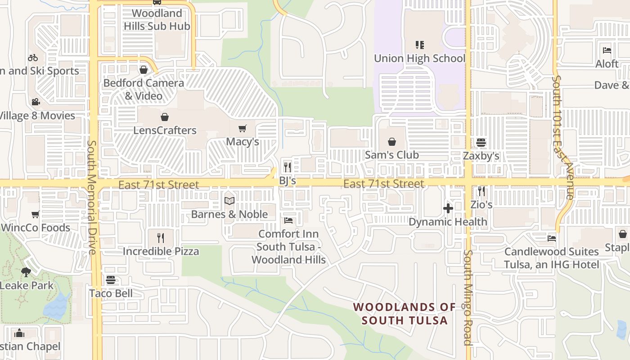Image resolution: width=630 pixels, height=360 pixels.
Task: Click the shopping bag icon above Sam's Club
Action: point(392,142)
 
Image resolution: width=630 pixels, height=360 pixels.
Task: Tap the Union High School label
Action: point(419,58)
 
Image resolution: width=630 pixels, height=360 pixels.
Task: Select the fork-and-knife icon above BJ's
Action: point(288,167)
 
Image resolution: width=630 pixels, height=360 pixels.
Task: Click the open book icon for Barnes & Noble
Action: point(229,201)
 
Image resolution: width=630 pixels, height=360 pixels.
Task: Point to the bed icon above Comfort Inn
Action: point(288,220)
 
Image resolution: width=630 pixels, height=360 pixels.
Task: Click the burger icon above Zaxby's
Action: point(481,143)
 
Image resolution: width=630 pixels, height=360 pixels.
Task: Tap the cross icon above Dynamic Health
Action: point(448,208)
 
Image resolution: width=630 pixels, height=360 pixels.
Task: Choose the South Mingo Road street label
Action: point(468,297)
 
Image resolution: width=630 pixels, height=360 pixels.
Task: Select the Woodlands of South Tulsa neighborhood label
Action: point(405,314)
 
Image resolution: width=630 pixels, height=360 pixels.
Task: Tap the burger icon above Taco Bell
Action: point(111,280)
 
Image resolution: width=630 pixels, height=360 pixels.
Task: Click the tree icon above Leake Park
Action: point(26,272)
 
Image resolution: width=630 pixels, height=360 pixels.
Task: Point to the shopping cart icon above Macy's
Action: point(243,128)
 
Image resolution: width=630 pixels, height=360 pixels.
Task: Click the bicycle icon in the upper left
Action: point(33,58)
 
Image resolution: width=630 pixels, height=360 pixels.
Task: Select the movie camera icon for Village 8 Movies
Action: point(36,102)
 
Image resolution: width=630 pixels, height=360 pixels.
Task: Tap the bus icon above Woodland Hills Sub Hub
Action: point(157,2)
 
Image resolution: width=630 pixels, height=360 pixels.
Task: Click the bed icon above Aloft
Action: point(607,50)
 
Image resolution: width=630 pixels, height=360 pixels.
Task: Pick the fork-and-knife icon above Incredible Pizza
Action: point(161,238)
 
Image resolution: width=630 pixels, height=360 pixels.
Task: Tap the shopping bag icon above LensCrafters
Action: point(165,117)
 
